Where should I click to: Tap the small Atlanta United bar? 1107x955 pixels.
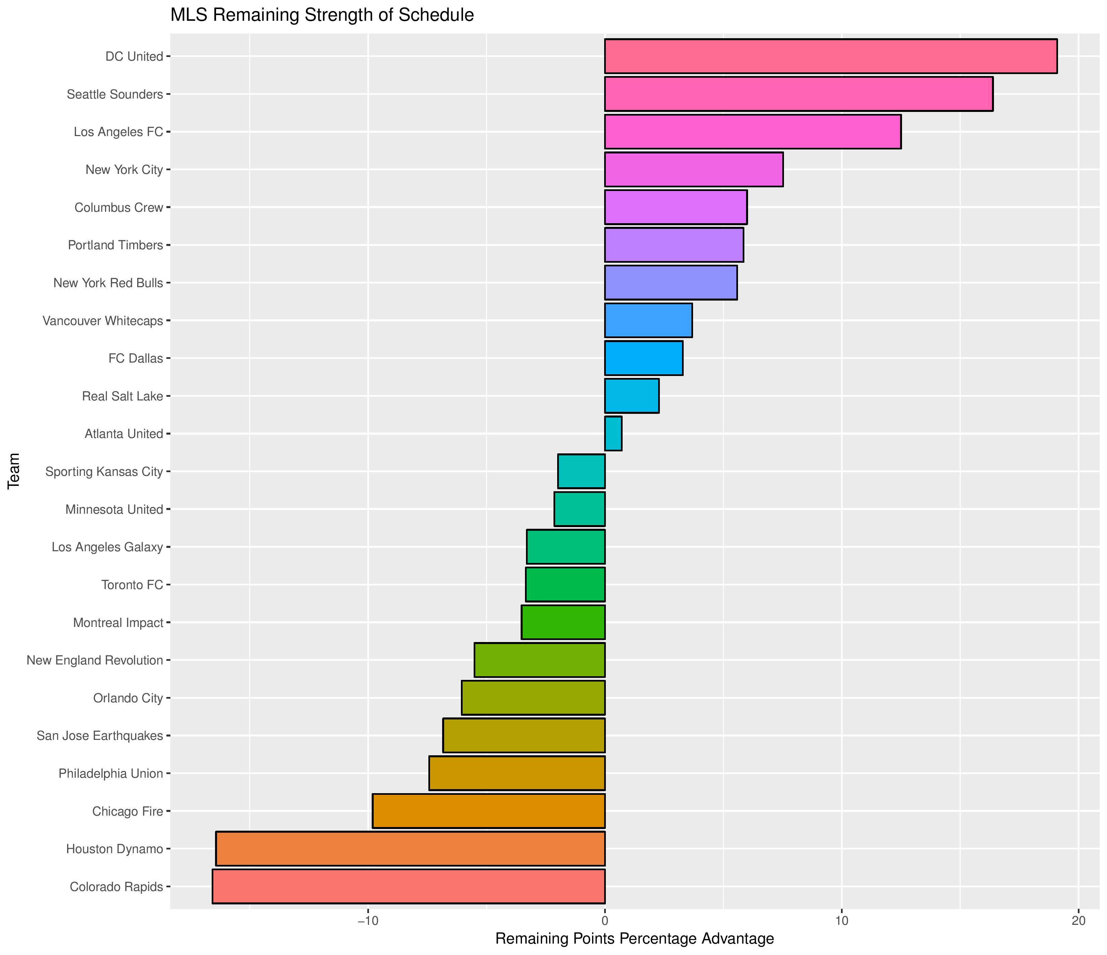point(613,434)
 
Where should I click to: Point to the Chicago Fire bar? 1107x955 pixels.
point(489,811)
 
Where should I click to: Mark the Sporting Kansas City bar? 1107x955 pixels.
point(581,471)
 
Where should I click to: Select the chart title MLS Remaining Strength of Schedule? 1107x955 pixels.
point(322,15)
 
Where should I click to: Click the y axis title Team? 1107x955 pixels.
point(14,471)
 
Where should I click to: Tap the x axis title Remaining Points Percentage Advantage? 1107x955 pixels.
point(635,939)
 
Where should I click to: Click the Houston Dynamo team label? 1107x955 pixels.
point(114,849)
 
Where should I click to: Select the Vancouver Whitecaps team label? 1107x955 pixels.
point(103,321)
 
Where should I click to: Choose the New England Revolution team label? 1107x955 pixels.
point(95,660)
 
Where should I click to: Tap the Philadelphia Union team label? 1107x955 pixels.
point(111,773)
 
